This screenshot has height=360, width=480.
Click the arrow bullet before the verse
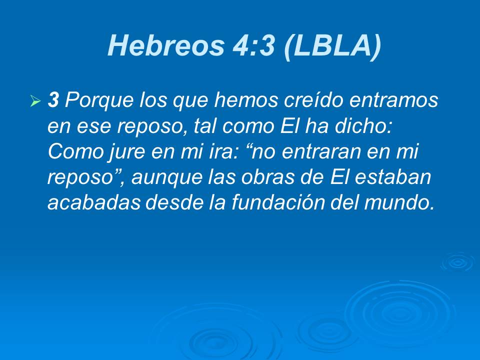coord(35,102)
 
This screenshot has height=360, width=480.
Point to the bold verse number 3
coord(53,101)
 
